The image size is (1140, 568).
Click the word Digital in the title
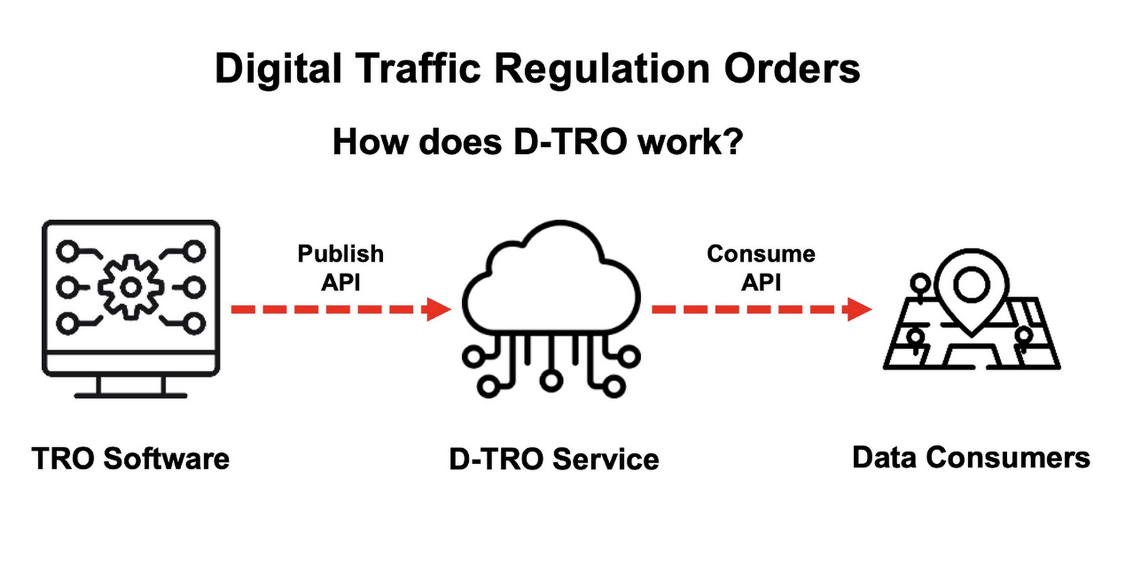(x=278, y=68)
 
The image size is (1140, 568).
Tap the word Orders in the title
(x=792, y=68)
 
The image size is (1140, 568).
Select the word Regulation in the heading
(x=602, y=68)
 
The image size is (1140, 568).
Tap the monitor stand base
(x=130, y=395)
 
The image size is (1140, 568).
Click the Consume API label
(x=761, y=268)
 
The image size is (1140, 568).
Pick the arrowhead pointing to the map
(x=859, y=309)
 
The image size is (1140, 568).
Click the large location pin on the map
(x=971, y=288)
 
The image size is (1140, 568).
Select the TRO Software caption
(x=130, y=458)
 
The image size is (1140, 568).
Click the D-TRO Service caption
(x=553, y=459)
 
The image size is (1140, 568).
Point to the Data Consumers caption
(x=971, y=457)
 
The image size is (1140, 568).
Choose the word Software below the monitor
(x=166, y=458)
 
